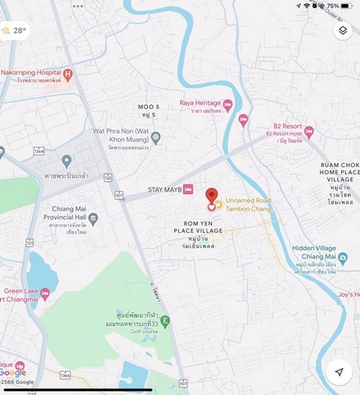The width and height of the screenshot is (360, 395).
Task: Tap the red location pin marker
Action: pyautogui.click(x=211, y=196)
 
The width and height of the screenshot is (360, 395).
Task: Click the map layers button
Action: pyautogui.click(x=343, y=30)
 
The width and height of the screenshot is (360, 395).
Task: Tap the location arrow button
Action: pyautogui.click(x=338, y=372)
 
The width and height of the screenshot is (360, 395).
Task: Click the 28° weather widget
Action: pyautogui.click(x=14, y=30)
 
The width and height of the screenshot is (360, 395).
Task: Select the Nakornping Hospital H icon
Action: pyautogui.click(x=67, y=75)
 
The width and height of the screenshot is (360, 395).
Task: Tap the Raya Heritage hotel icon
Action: pyautogui.click(x=228, y=104)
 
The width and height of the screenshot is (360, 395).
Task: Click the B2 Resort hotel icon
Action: pyautogui.click(x=309, y=131)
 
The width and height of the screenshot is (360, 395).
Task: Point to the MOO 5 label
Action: pyautogui.click(x=148, y=108)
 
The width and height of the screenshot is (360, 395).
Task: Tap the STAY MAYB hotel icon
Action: pyautogui.click(x=188, y=189)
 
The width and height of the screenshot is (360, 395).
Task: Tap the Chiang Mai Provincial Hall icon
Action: pyautogui.click(x=93, y=219)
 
